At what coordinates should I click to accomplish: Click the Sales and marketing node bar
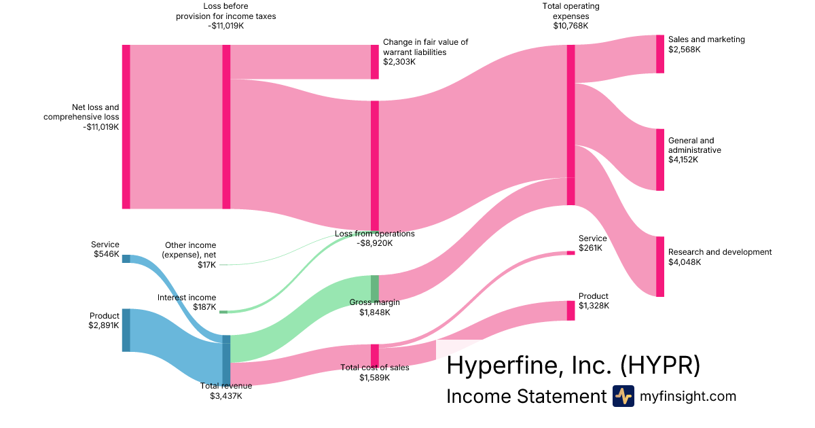tap(659, 54)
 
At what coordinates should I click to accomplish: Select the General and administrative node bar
tap(659, 160)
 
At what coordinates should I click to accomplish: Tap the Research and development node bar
tap(659, 266)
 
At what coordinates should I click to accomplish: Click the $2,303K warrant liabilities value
tap(399, 62)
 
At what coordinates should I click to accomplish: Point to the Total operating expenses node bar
tap(570, 124)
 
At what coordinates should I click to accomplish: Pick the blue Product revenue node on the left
tap(126, 330)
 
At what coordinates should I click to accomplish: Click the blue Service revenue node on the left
tap(126, 258)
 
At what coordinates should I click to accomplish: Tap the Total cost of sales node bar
tap(375, 355)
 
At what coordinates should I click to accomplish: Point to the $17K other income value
tap(206, 265)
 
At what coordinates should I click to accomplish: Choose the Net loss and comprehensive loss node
tap(126, 126)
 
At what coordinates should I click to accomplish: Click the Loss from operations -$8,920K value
tap(374, 243)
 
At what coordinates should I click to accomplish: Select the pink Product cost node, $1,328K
tap(570, 310)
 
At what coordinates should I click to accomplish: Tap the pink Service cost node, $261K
tap(570, 253)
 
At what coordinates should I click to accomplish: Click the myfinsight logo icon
tap(623, 396)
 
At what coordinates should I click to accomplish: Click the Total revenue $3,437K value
tap(225, 395)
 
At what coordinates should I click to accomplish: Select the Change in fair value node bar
tap(374, 62)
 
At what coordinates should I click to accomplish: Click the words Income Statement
tap(525, 397)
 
